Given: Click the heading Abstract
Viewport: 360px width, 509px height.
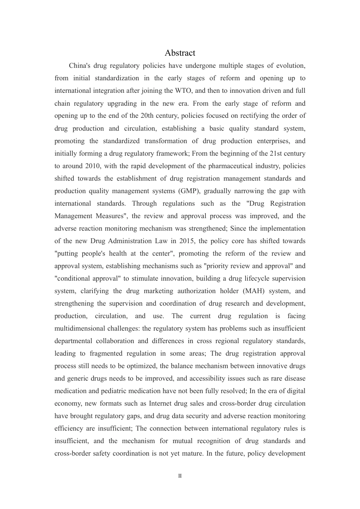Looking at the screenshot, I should (x=180, y=53).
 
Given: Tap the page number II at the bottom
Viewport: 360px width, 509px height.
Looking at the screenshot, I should (x=180, y=476).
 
